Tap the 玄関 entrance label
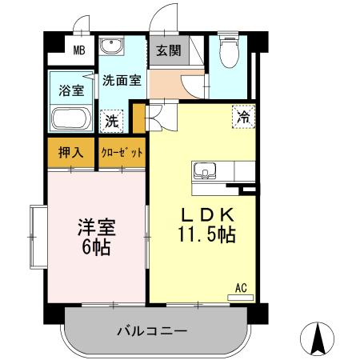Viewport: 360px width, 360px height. click(x=168, y=50)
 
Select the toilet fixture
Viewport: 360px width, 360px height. click(x=231, y=52)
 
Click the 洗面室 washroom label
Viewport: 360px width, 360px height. click(x=122, y=80)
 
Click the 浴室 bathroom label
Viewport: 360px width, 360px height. click(x=71, y=90)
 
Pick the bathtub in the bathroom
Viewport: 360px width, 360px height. click(x=72, y=119)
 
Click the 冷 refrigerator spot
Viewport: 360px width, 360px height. click(x=242, y=117)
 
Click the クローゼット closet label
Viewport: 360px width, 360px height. click(x=122, y=152)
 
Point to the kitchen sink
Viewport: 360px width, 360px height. click(x=204, y=170)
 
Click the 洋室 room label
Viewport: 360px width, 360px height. click(x=96, y=227)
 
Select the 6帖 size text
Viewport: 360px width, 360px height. click(x=96, y=247)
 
